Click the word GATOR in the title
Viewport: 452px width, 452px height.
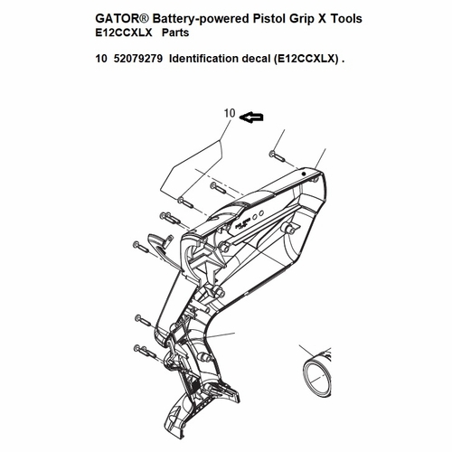pos(118,19)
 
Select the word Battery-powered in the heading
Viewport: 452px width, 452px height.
pos(200,19)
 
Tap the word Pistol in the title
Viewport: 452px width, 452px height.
pos(269,19)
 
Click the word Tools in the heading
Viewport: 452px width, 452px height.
pos(346,19)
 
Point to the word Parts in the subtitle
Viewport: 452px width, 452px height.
pos(175,33)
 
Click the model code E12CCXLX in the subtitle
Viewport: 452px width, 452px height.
pos(124,33)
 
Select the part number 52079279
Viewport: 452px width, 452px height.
pos(138,59)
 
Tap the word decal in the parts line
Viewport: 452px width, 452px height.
pos(256,59)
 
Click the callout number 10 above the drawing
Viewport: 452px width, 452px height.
pos(230,113)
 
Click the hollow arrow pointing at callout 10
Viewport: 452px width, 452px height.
pos(251,118)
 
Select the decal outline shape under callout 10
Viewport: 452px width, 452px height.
pos(191,170)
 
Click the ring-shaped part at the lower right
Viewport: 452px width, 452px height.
pos(317,373)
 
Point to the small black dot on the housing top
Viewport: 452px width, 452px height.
pos(304,174)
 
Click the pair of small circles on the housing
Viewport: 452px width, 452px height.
pos(259,214)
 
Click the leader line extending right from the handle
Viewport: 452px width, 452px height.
pos(219,334)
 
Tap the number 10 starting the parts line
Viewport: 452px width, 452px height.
pos(101,59)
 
